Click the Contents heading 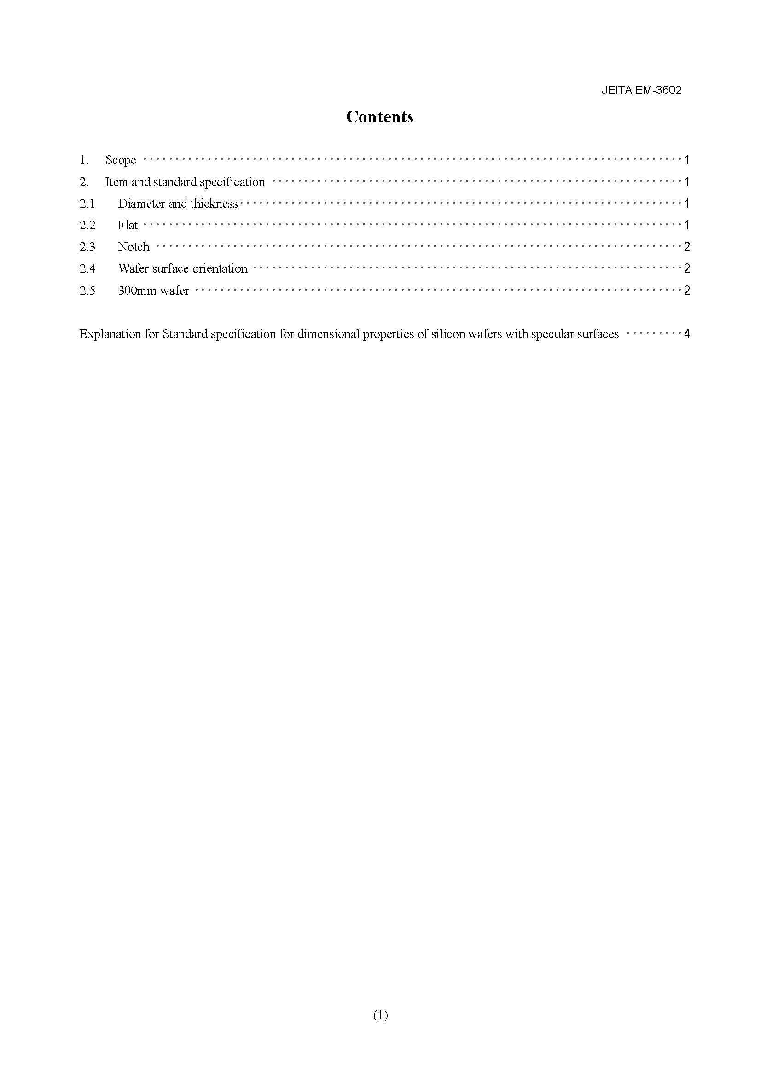tap(379, 117)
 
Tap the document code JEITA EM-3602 tap(641, 90)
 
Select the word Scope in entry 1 tap(121, 160)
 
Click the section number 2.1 tap(87, 204)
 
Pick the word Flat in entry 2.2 tap(128, 225)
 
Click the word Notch tap(134, 247)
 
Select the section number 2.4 tap(87, 268)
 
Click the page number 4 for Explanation tap(687, 334)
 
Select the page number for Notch tap(687, 247)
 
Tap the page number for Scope tap(687, 160)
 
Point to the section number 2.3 tap(87, 247)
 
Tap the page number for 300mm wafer tap(687, 291)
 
